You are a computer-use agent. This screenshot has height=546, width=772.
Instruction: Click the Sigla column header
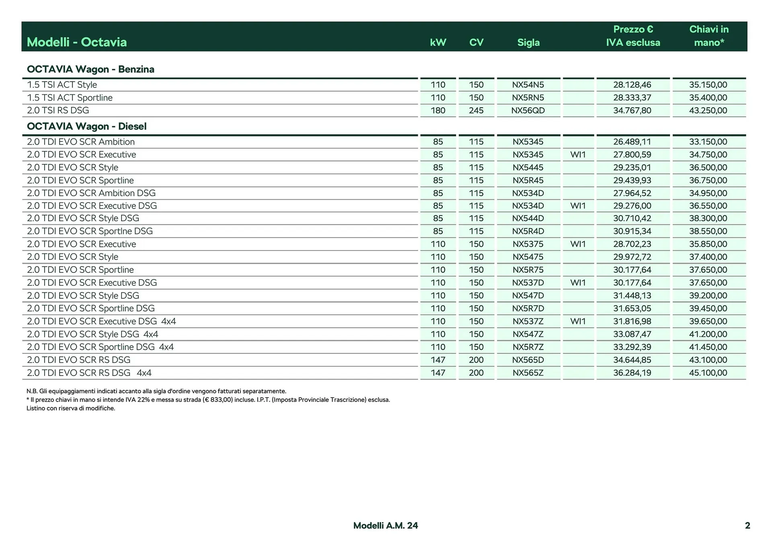click(528, 42)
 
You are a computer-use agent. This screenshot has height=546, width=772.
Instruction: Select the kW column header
click(438, 42)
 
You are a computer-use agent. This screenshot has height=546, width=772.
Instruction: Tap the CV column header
click(476, 42)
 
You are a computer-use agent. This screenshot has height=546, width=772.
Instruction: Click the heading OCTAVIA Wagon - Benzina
click(90, 69)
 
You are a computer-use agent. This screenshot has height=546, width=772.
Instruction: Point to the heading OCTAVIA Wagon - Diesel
click(86, 126)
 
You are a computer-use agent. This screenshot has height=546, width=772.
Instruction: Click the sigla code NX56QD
click(528, 111)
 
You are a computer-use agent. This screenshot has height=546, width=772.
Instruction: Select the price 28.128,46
click(632, 85)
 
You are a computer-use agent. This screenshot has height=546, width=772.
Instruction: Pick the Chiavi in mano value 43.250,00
click(708, 111)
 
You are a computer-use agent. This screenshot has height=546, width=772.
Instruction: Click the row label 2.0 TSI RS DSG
click(58, 111)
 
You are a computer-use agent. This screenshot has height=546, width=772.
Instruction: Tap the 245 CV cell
click(476, 111)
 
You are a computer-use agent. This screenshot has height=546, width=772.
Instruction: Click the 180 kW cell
click(438, 111)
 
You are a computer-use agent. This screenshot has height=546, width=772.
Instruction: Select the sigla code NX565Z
click(528, 373)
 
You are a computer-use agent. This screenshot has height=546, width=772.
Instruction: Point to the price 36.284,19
click(632, 373)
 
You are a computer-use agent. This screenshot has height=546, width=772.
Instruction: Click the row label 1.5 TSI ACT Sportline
click(70, 98)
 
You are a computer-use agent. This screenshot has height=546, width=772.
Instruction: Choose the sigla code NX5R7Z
click(528, 347)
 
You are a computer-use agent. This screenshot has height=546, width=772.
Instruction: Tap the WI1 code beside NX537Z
click(578, 321)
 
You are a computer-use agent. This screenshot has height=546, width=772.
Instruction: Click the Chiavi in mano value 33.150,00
click(708, 142)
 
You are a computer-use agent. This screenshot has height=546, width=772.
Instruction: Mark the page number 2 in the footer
click(747, 525)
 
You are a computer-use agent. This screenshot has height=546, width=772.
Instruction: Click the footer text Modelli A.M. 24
click(386, 525)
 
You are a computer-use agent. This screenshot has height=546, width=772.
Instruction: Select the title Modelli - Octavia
click(77, 42)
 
